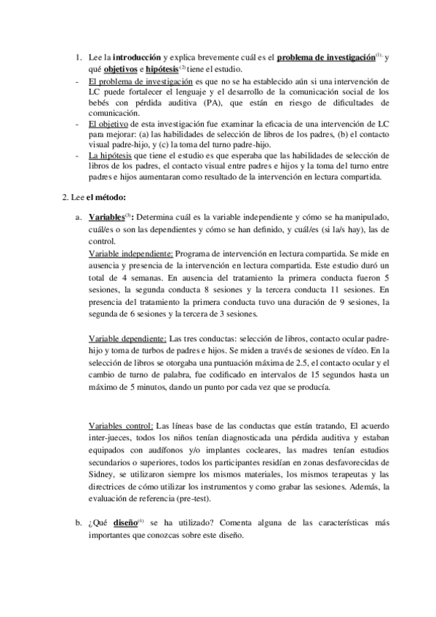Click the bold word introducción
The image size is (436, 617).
[137, 57]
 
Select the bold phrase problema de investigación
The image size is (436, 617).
[326, 57]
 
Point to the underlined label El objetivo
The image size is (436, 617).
[109, 124]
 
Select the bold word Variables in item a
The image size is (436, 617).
[106, 218]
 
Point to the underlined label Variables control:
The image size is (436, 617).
[121, 426]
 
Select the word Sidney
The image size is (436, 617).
[102, 472]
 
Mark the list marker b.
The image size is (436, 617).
[78, 522]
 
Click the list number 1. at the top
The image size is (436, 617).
[79, 57]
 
